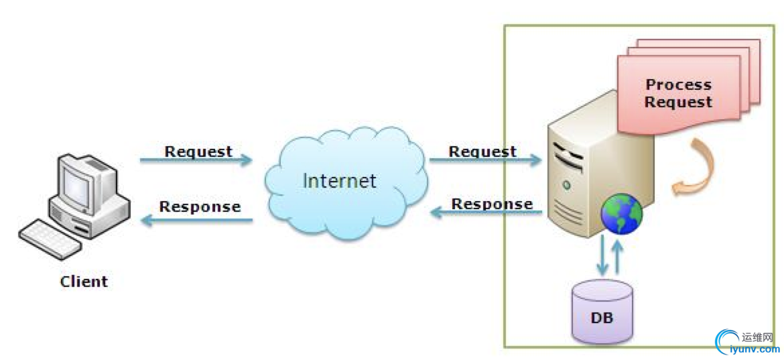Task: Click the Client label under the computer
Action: pyautogui.click(x=84, y=281)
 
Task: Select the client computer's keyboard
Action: pyautogui.click(x=50, y=239)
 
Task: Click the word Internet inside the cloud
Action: pyautogui.click(x=340, y=180)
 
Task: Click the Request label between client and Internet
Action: pyautogui.click(x=198, y=151)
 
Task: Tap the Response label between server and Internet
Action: pyautogui.click(x=492, y=203)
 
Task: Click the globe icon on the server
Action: pyautogui.click(x=621, y=214)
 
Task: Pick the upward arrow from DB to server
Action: pyautogui.click(x=618, y=256)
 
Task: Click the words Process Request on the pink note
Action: pyautogui.click(x=678, y=93)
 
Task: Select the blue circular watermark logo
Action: pyautogui.click(x=728, y=341)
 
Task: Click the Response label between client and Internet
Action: pyautogui.click(x=200, y=206)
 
